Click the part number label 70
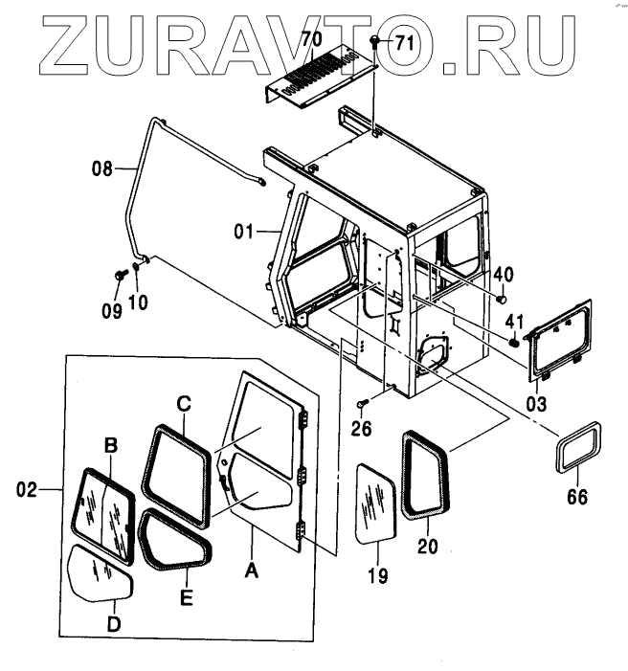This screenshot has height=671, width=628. tap(311, 40)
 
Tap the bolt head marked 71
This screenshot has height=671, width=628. tap(374, 41)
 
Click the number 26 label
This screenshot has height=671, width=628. tap(360, 427)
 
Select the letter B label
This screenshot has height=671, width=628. tap(111, 444)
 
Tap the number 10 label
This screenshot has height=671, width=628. tap(139, 303)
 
